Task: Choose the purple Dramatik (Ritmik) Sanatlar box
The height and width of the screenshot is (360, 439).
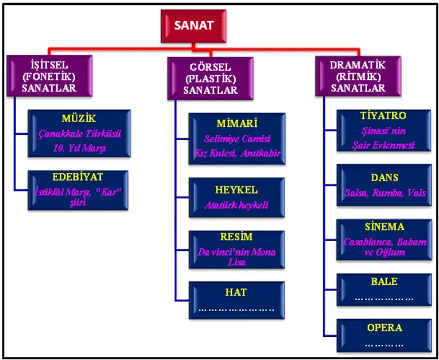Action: [x=358, y=76]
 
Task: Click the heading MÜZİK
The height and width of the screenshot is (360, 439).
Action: [x=79, y=117]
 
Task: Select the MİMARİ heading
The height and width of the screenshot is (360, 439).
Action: [x=236, y=121]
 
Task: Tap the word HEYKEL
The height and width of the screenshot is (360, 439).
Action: [x=236, y=189]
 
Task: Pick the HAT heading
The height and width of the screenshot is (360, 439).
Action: [x=236, y=292]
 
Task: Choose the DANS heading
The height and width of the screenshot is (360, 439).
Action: [x=383, y=178]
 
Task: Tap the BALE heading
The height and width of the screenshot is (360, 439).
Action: [x=383, y=281]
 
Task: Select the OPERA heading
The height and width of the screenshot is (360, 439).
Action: [x=384, y=328]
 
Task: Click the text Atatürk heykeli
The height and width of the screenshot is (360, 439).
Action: [x=236, y=205]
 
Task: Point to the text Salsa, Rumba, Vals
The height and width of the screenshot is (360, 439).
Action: [x=383, y=193]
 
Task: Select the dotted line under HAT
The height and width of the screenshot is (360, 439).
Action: [x=236, y=309]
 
